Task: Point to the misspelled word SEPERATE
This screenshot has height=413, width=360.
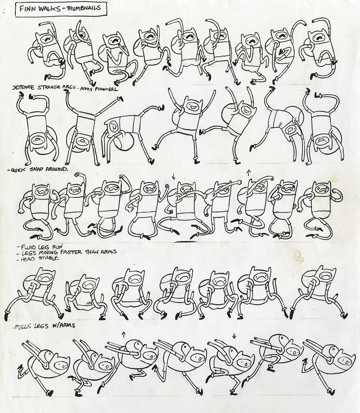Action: point(24,87)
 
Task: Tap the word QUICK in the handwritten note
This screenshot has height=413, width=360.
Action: point(18,170)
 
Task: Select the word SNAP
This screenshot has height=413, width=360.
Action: point(37,170)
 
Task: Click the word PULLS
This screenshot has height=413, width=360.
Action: point(24,327)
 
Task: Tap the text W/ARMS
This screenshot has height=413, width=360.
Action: point(64,325)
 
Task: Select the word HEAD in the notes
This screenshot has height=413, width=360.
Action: point(28,259)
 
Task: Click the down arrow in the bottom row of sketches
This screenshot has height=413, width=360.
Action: point(233,336)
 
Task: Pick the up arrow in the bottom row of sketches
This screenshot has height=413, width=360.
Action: point(123,334)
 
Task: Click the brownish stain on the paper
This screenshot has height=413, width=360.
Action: point(297,256)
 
